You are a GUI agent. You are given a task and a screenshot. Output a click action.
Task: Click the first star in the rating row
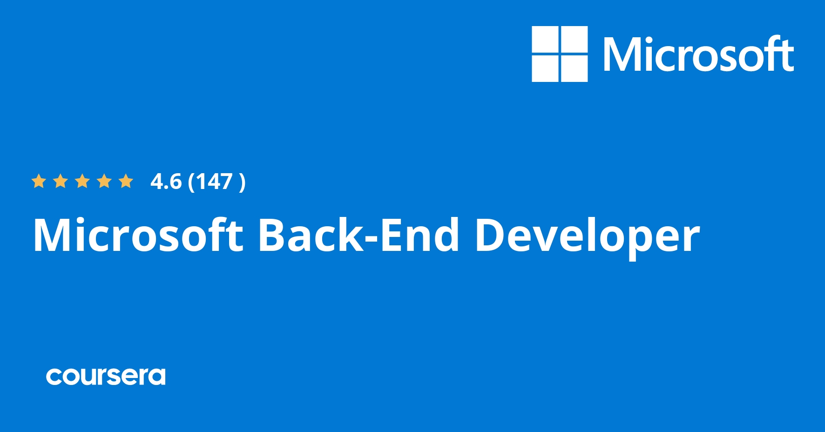pos(39,181)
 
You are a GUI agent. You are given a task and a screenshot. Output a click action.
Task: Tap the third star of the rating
pos(82,181)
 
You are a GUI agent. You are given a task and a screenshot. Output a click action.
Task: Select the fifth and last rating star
pos(126,181)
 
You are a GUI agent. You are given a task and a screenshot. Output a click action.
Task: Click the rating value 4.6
pos(166,182)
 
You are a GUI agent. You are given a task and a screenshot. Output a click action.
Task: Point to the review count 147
pos(214,182)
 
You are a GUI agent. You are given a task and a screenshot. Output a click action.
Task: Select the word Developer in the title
pos(587,235)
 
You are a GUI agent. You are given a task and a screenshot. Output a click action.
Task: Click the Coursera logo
pos(106,376)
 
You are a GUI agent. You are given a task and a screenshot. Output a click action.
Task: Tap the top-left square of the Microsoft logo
pos(545,40)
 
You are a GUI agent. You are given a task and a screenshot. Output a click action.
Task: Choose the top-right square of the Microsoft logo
pos(574,40)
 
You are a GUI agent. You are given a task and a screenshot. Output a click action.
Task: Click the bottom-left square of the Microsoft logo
pos(545,69)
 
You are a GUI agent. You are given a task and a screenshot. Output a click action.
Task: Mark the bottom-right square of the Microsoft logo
pos(574,69)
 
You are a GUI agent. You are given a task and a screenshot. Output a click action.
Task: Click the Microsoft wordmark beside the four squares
pos(698,54)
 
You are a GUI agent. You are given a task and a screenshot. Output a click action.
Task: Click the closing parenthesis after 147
pos(242,182)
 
